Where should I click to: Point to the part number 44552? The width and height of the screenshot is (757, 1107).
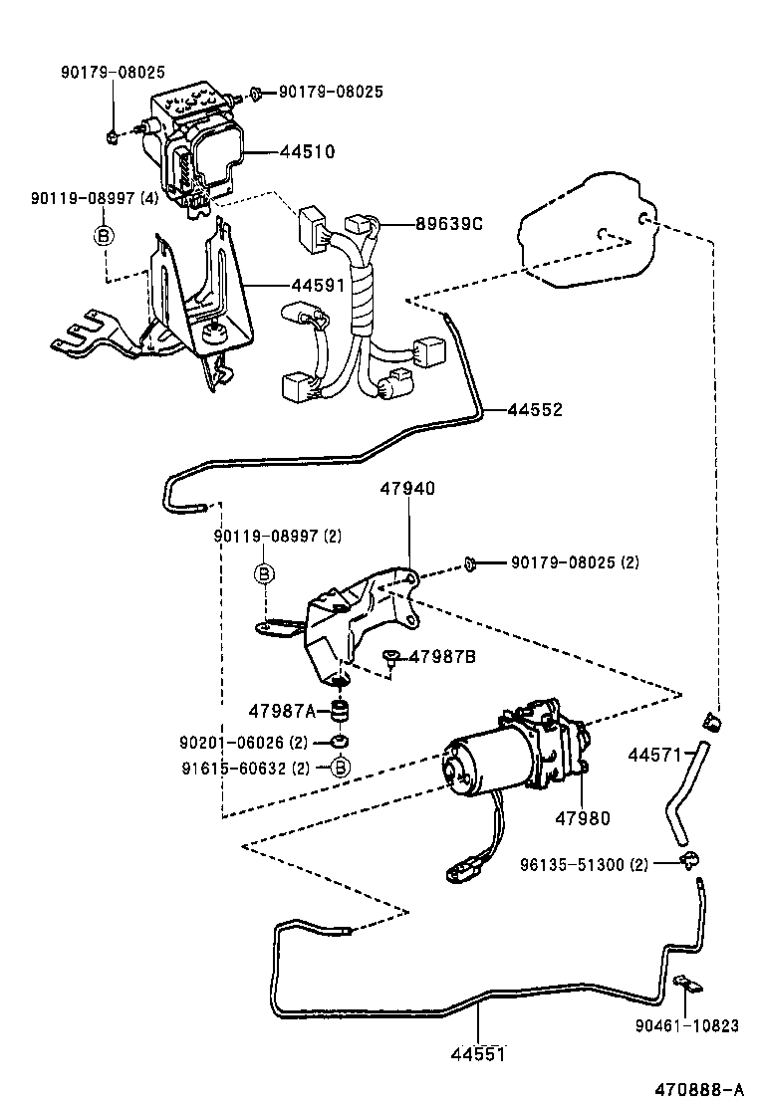tap(535, 409)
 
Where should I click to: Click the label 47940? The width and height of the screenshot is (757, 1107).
tap(407, 489)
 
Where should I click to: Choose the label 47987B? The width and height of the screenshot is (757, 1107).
tap(443, 657)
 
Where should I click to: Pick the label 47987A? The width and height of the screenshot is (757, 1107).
tap(282, 710)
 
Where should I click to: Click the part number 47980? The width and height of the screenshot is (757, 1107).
tap(582, 817)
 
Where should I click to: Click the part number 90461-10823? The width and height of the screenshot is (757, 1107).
tap(687, 1025)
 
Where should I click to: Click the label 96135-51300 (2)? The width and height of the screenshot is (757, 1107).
tap(584, 864)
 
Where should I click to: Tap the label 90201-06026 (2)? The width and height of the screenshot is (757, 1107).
tap(245, 743)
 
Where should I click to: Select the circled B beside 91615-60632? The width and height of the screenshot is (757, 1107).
tap(340, 768)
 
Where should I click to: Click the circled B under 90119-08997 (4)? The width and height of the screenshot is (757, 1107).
tap(104, 235)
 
